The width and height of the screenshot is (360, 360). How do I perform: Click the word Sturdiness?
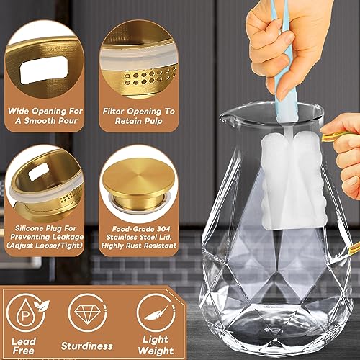point(90,344)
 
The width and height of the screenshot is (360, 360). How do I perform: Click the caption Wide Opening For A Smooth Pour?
point(45,117)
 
